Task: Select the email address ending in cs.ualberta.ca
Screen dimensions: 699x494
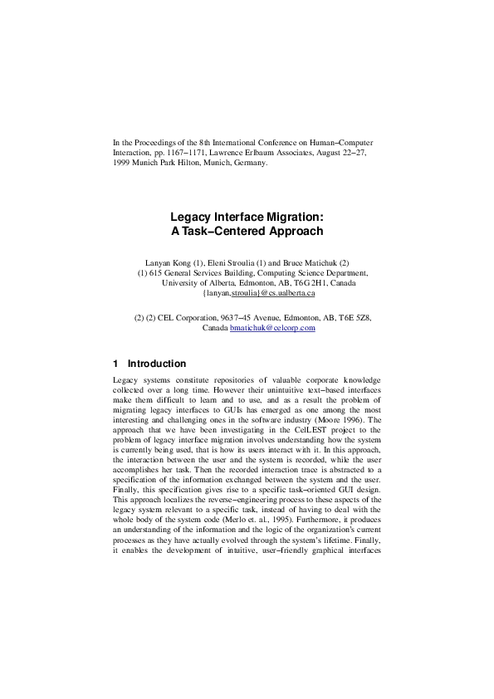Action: point(258,294)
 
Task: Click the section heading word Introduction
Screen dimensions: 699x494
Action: point(157,364)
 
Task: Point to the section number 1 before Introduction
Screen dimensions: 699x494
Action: point(115,364)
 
